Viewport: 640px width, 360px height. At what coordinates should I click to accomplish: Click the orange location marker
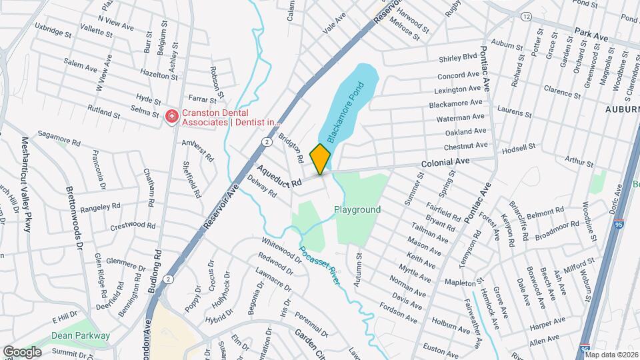click(321, 159)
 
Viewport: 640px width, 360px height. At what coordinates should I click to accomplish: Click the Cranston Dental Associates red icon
click(171, 117)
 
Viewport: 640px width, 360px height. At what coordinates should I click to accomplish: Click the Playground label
click(357, 209)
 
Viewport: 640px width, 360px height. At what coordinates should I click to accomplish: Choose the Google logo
click(22, 351)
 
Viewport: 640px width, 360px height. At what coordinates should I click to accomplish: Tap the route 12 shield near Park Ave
click(527, 16)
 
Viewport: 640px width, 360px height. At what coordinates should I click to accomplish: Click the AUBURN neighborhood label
click(622, 108)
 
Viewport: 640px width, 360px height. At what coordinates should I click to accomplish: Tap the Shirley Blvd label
click(458, 57)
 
